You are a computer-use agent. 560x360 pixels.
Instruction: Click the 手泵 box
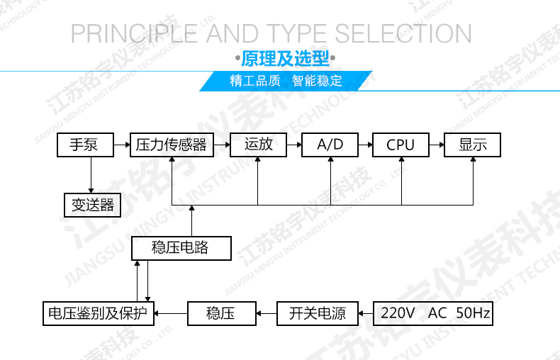(85, 145)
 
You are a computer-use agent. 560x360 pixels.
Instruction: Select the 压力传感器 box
(172, 145)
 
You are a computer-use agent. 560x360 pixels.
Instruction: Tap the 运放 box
(258, 145)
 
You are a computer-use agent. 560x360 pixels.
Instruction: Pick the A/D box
(330, 145)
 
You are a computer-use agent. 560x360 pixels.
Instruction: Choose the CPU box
(401, 145)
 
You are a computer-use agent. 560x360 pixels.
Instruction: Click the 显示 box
(473, 145)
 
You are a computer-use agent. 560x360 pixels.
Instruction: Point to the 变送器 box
(92, 205)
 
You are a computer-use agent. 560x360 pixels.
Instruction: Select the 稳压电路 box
(181, 248)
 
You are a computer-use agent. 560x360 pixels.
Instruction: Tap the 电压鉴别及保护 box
(99, 313)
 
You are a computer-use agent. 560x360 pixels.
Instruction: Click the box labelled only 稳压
(222, 313)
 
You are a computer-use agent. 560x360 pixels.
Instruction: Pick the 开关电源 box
(318, 313)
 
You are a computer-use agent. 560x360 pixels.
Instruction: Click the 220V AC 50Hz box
(433, 313)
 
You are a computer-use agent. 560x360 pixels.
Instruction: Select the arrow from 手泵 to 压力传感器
(122, 145)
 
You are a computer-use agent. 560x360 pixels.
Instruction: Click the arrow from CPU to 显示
(437, 145)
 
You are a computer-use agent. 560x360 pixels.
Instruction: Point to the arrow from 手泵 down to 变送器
(91, 175)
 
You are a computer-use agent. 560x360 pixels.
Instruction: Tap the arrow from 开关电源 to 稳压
(267, 313)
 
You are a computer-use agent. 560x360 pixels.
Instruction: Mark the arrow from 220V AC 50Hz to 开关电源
(366, 313)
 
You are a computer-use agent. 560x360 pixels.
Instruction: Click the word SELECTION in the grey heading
(403, 33)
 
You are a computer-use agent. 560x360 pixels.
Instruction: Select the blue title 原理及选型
(285, 58)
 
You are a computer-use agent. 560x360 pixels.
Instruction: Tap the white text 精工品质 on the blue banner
(255, 81)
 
